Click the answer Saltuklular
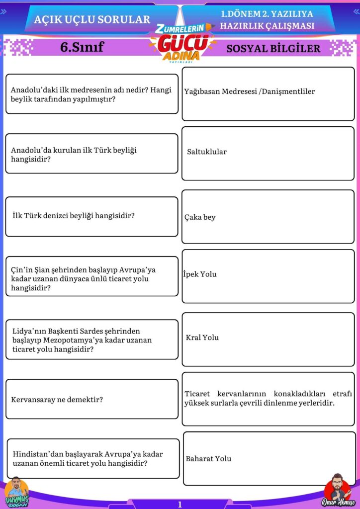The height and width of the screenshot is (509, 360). point(206,152)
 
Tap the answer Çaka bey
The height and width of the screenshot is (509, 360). point(200,217)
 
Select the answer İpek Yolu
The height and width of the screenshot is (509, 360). point(200,274)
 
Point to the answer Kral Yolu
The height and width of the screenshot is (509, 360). point(202,338)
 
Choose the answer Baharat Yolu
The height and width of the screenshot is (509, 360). point(208,459)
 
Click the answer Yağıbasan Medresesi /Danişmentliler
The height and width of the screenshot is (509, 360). point(249,91)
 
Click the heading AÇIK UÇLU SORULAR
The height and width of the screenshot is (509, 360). point(92,19)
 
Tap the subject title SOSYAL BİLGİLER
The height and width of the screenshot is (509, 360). point(273,48)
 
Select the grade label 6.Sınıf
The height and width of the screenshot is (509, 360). point(82,47)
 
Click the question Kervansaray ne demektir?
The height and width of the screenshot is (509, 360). point(57,399)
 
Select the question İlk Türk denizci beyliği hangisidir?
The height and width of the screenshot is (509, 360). point(74,216)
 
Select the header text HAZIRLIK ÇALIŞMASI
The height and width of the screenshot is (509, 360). point(268,26)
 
